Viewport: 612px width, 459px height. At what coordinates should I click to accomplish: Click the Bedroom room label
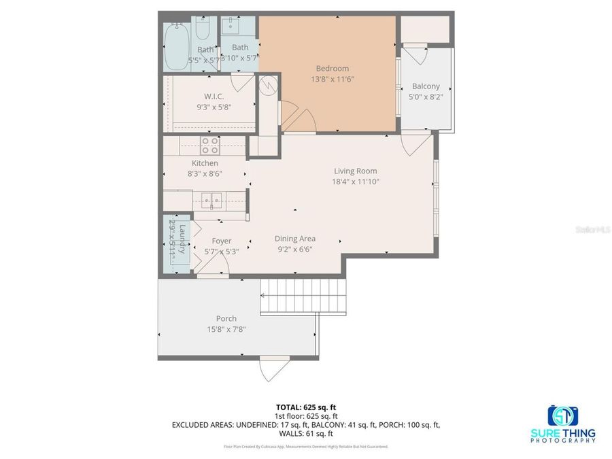click(x=332, y=68)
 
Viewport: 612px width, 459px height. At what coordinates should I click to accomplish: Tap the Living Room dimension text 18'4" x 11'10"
click(x=355, y=182)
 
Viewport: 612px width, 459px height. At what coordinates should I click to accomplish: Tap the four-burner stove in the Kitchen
click(x=209, y=145)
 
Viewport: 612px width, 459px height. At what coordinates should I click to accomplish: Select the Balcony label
click(x=426, y=86)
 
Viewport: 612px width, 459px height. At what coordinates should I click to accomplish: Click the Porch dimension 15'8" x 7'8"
click(x=226, y=329)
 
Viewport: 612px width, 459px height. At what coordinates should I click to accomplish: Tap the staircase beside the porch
click(x=302, y=296)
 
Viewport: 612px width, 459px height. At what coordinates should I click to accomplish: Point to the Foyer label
click(x=222, y=241)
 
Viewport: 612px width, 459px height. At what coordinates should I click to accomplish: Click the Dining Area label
click(x=294, y=239)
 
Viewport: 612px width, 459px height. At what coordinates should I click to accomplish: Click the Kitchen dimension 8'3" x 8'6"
click(x=205, y=173)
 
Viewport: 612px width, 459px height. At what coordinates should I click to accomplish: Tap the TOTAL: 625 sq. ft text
click(x=305, y=408)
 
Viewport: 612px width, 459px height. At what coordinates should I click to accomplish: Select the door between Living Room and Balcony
click(x=415, y=143)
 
